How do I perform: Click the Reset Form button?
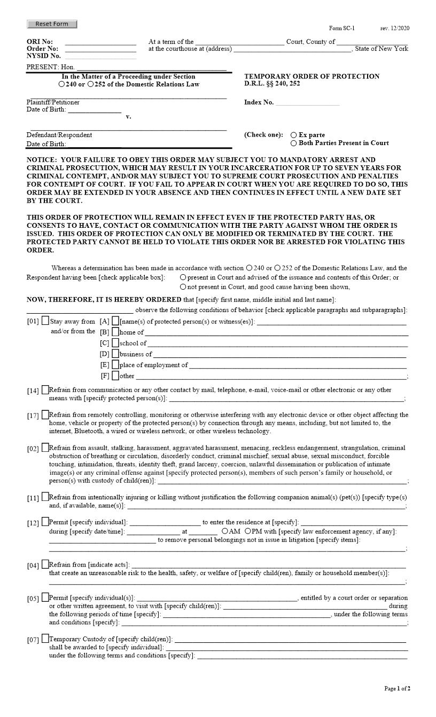pyautogui.click(x=52, y=24)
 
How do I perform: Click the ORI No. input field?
pyautogui.click(x=100, y=42)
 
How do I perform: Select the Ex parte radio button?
pyautogui.click(x=294, y=135)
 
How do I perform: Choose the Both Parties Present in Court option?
pyautogui.click(x=294, y=143)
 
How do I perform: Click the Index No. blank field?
pyautogui.click(x=307, y=102)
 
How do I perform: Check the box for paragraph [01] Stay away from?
pyautogui.click(x=45, y=321)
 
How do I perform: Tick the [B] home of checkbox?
pyautogui.click(x=115, y=332)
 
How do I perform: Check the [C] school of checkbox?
pyautogui.click(x=115, y=343)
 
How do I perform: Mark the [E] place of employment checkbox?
pyautogui.click(x=115, y=365)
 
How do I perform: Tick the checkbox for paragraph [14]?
pyautogui.click(x=45, y=390)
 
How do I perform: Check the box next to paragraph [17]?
pyautogui.click(x=45, y=415)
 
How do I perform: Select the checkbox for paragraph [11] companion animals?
pyautogui.click(x=45, y=497)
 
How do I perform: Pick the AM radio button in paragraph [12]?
pyautogui.click(x=225, y=531)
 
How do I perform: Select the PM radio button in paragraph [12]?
pyautogui.click(x=248, y=531)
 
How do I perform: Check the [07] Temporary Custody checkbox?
pyautogui.click(x=45, y=639)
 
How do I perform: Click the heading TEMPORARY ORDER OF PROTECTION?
pyautogui.click(x=312, y=76)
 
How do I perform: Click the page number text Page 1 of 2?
pyautogui.click(x=397, y=689)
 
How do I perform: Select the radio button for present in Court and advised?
pyautogui.click(x=183, y=277)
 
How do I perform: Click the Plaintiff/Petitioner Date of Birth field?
pyautogui.click(x=95, y=109)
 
